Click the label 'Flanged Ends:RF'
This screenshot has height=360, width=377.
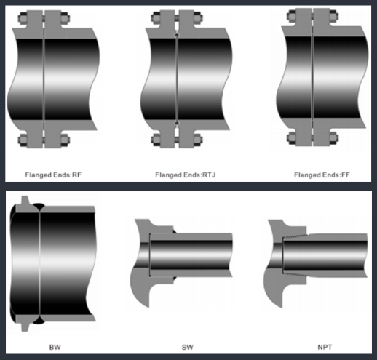[x=53, y=175]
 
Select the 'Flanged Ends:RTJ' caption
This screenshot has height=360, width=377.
[x=186, y=175]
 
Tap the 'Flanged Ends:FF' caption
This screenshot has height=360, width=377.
[x=322, y=175]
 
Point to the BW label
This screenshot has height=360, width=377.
[x=55, y=347]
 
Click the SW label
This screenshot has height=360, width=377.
[x=188, y=347]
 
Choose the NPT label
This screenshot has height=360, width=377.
[x=325, y=347]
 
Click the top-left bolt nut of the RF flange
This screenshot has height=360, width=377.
[x=23, y=18]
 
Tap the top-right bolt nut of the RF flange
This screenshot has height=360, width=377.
[x=66, y=18]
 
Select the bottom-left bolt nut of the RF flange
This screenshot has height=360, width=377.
[x=23, y=140]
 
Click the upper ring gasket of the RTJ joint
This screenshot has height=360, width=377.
[x=177, y=35]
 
